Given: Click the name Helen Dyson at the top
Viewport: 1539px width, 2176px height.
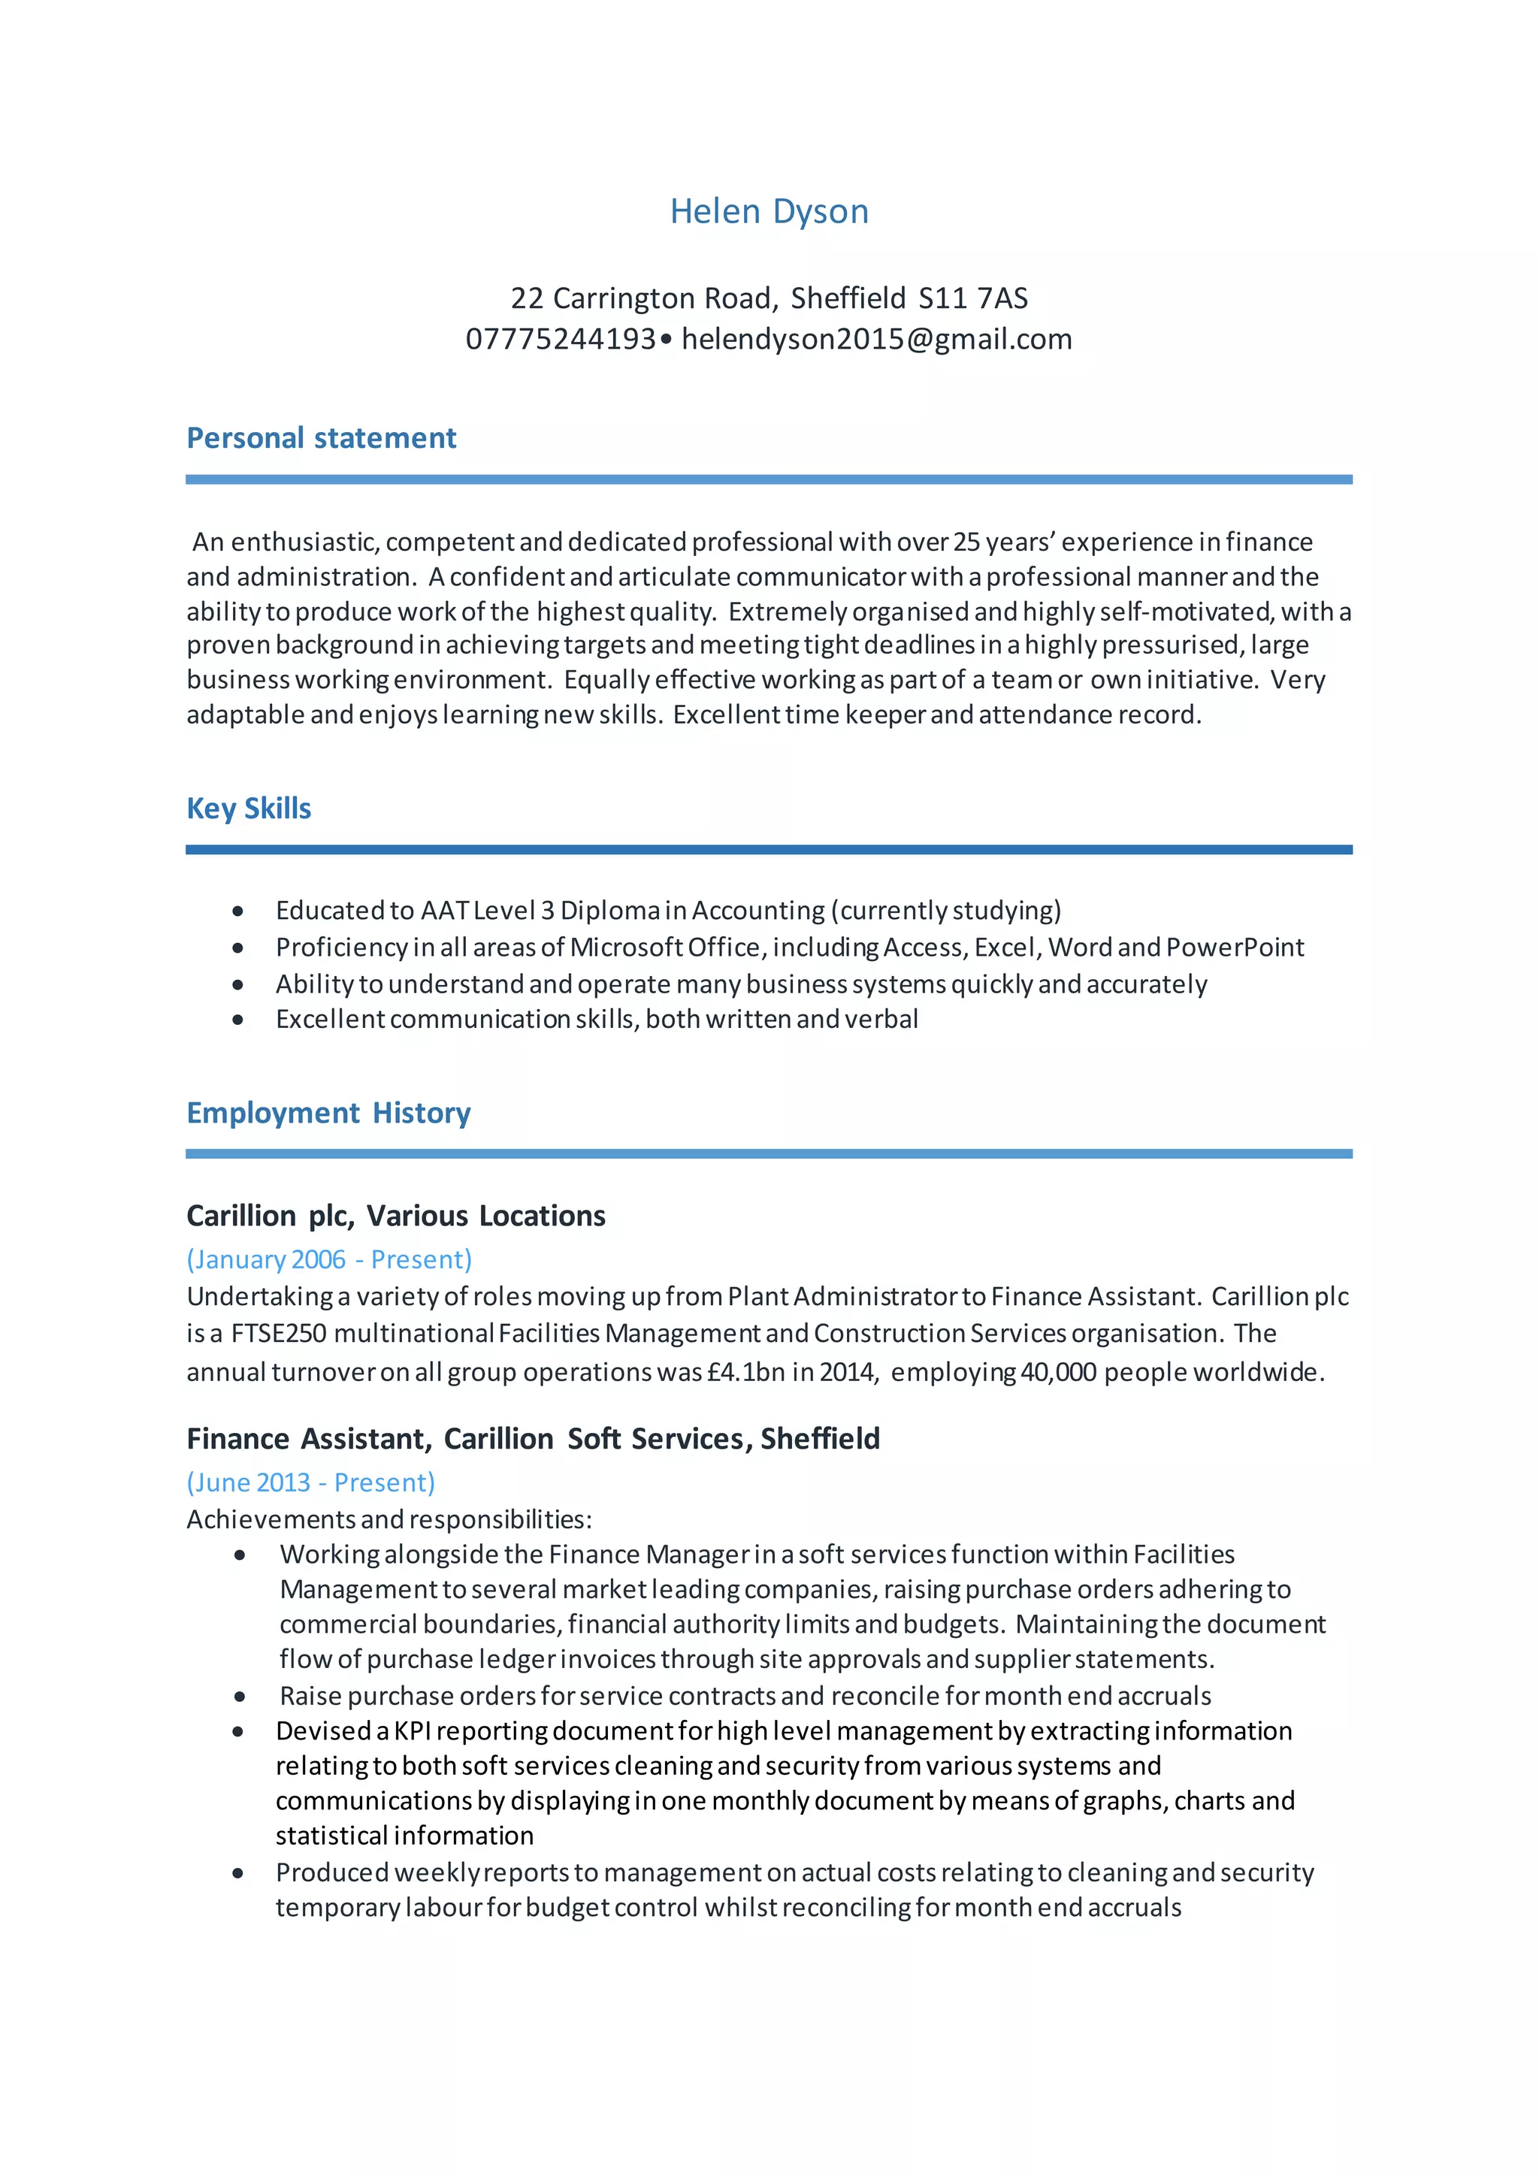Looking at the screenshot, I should pyautogui.click(x=769, y=211).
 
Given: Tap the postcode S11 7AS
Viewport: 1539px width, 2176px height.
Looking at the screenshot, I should pyautogui.click(x=972, y=298).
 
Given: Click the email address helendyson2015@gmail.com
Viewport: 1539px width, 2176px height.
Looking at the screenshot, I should pyautogui.click(x=877, y=340).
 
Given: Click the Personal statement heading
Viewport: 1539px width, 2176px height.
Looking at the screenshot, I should pyautogui.click(x=322, y=438).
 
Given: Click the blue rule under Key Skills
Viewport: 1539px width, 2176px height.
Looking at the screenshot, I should pyautogui.click(x=769, y=850).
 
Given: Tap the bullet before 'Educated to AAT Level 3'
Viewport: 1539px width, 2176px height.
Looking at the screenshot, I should pyautogui.click(x=238, y=911).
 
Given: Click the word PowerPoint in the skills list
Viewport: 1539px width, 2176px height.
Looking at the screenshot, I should pyautogui.click(x=1235, y=947).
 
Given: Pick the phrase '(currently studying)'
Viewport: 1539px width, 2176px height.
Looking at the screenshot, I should pyautogui.click(x=946, y=911).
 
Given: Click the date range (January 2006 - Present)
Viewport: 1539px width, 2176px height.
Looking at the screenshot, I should pyautogui.click(x=329, y=1259).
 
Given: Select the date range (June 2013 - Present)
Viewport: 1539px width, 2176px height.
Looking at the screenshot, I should pyautogui.click(x=311, y=1482).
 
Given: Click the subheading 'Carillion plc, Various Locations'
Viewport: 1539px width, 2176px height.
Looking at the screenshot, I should pyautogui.click(x=396, y=1216).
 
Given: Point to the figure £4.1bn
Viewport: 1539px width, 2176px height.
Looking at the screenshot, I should pyautogui.click(x=745, y=1372).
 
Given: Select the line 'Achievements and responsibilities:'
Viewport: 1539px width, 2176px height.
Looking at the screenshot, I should pyautogui.click(x=389, y=1519).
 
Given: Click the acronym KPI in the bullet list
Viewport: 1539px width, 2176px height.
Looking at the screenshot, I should pyautogui.click(x=413, y=1730).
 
